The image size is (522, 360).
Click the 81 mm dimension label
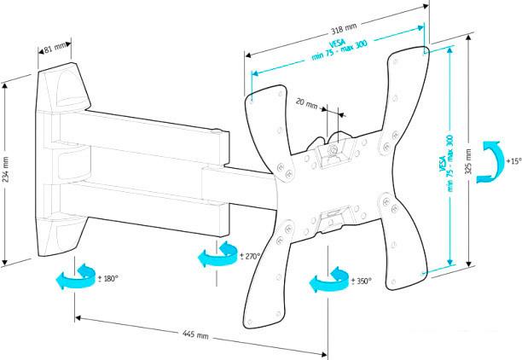click(55, 48)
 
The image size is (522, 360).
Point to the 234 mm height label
click(6, 170)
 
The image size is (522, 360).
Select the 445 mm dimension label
click(195, 334)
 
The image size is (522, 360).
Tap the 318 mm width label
click(344, 29)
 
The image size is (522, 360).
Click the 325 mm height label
click(468, 161)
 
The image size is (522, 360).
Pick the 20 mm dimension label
click(306, 103)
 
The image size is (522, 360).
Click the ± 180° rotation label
click(108, 278)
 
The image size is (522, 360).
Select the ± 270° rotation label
click(250, 256)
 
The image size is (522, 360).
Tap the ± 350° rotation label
click(361, 281)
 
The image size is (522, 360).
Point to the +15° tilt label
click(513, 161)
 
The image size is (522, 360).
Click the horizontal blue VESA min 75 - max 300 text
click(339, 49)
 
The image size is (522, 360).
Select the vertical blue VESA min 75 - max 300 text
click(446, 163)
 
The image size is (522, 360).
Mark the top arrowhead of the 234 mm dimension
click(4, 86)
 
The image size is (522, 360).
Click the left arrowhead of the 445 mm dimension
click(78, 318)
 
